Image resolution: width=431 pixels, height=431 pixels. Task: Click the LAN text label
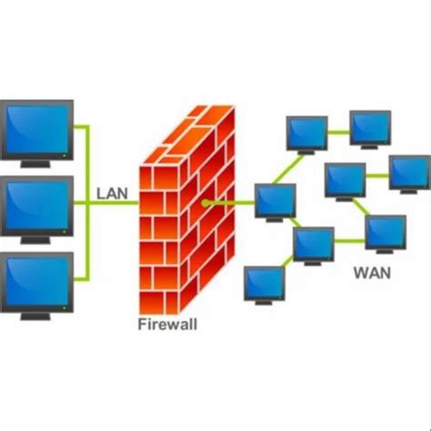[x=113, y=193]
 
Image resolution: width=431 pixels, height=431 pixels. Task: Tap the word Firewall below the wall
[x=167, y=323]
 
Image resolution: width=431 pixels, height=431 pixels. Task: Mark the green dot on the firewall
[x=205, y=202]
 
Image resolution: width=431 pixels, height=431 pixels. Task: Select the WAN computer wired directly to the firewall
[x=275, y=199]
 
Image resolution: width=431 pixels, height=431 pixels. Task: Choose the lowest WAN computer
[x=263, y=283]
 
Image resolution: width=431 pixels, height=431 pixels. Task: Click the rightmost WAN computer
[x=408, y=171]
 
